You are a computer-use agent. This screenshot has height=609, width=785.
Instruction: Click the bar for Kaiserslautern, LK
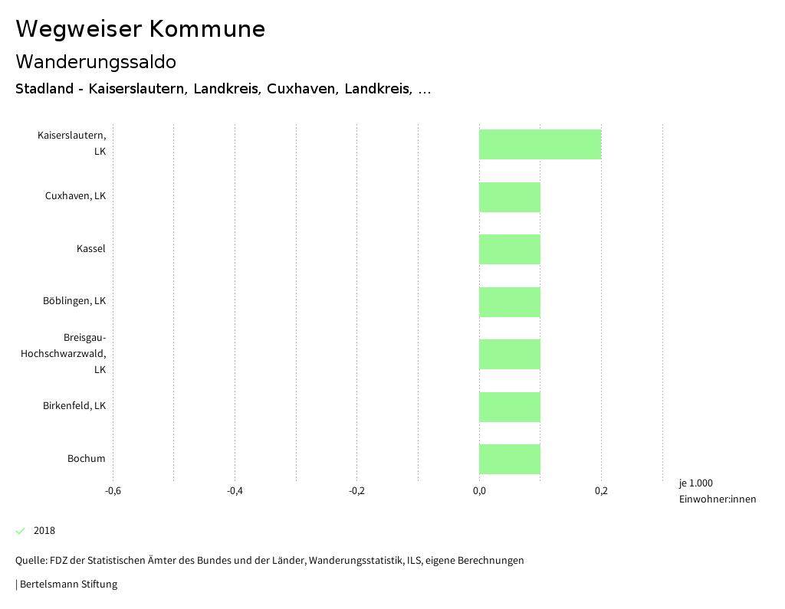pos(540,144)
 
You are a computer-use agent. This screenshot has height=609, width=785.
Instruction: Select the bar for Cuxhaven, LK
pos(510,197)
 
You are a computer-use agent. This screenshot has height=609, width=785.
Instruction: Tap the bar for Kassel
pos(510,249)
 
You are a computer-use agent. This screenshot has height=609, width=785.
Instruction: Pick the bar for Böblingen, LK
pos(510,302)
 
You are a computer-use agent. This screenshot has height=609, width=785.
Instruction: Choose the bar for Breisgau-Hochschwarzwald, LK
pos(510,354)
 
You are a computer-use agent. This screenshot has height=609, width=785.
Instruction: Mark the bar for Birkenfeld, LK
pos(510,407)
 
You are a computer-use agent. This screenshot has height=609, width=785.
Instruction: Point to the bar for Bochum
pos(510,459)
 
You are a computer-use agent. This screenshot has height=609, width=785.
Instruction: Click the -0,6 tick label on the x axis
pos(113,491)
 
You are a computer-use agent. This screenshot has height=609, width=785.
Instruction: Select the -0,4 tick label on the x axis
pos(235,491)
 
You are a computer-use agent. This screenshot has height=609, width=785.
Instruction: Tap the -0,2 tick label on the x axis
pos(356,491)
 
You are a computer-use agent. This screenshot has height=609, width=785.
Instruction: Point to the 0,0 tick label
pos(479,491)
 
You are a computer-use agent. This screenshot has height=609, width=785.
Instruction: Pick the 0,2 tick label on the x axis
pos(601,491)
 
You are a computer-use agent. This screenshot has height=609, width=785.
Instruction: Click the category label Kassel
pos(90,249)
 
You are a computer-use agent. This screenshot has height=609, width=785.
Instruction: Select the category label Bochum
pos(86,459)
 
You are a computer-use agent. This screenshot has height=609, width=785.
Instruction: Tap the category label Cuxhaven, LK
pos(75,196)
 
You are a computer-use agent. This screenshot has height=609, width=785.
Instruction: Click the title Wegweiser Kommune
pos(140,29)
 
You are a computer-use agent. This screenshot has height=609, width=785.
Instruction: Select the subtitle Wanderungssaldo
pos(96,61)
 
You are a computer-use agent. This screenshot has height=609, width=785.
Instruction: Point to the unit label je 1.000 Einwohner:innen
pos(717,491)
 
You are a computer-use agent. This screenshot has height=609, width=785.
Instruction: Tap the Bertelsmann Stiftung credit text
pos(67,584)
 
